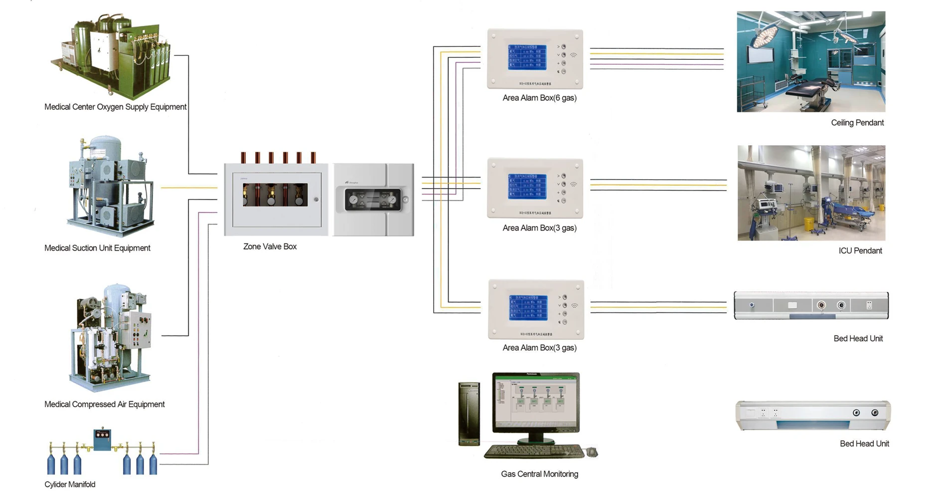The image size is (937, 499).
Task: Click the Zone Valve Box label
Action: click(270, 247)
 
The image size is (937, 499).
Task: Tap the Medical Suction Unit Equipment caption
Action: click(97, 248)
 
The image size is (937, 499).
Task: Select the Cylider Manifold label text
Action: click(70, 485)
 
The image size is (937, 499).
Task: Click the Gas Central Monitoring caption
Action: click(539, 474)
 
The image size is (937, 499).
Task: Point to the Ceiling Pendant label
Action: click(857, 123)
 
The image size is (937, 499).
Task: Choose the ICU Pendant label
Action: click(860, 251)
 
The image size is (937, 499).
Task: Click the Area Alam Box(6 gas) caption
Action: click(539, 98)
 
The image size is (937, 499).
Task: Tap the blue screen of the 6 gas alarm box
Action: click(527, 57)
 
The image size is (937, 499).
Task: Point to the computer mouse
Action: click(592, 452)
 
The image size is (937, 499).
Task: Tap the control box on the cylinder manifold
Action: click(102, 439)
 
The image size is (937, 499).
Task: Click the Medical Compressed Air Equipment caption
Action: click(104, 404)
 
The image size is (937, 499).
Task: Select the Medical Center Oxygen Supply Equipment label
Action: click(115, 107)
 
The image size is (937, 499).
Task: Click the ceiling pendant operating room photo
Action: click(811, 61)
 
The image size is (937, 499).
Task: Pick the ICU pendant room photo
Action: click(811, 193)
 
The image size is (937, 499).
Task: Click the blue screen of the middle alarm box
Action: click(527, 186)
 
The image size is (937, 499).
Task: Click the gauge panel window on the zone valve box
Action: click(373, 200)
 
